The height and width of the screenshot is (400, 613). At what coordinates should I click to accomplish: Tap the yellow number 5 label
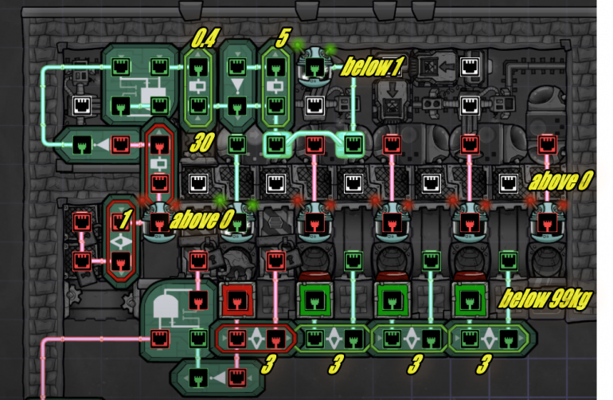click(x=281, y=39)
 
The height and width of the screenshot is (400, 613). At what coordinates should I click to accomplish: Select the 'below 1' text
click(x=371, y=68)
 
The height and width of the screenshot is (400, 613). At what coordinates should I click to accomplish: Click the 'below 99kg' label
click(x=545, y=299)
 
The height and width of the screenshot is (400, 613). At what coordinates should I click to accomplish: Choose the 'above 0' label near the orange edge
click(x=560, y=182)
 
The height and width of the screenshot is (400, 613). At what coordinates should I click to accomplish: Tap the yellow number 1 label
click(x=124, y=217)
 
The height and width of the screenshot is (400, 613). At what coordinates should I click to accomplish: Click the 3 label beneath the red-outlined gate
click(x=268, y=365)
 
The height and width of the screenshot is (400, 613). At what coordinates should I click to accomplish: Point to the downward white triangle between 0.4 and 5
click(x=236, y=84)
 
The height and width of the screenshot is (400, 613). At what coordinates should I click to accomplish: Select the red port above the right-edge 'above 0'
click(x=546, y=143)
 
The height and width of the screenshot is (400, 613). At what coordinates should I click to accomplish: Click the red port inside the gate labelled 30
click(x=160, y=144)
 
